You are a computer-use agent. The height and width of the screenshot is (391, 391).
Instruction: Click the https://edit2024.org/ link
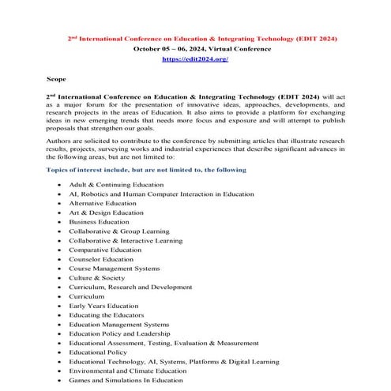[194, 59]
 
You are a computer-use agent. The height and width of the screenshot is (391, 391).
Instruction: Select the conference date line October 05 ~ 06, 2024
[194, 48]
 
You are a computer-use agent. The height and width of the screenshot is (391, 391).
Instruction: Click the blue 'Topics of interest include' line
[146, 170]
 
